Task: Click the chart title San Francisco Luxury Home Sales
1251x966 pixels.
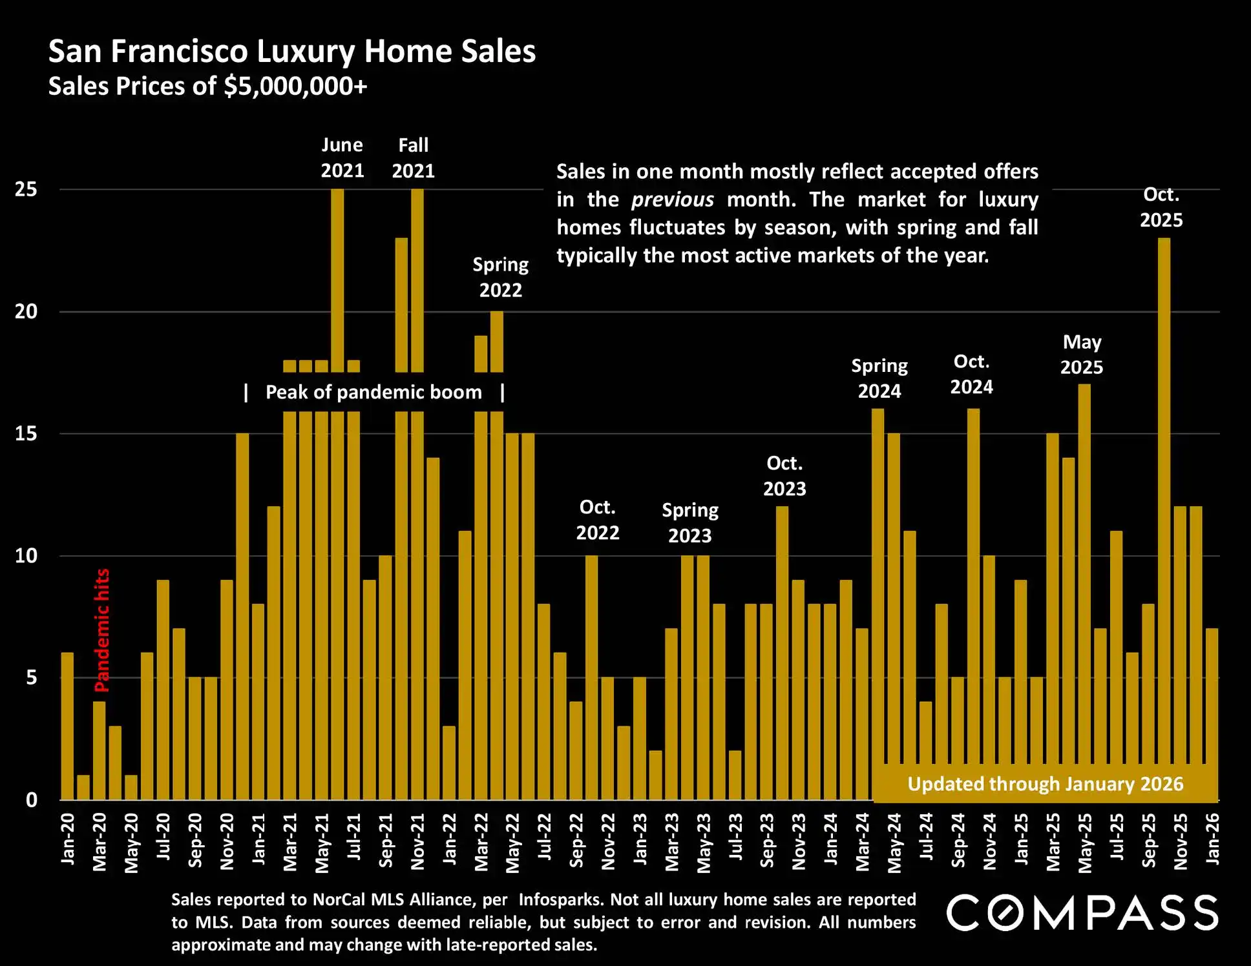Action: click(x=292, y=52)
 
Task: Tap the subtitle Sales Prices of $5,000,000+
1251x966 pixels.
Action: click(x=207, y=87)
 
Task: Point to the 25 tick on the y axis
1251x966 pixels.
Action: click(x=26, y=190)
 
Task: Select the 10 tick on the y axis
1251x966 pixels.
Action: click(x=26, y=556)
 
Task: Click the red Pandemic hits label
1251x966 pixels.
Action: click(x=102, y=630)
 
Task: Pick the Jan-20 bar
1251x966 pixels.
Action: click(x=67, y=726)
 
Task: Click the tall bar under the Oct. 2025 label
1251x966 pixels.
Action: click(x=1164, y=517)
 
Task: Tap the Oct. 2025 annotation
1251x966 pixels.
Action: click(x=1161, y=207)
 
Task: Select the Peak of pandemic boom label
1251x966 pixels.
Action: click(x=373, y=392)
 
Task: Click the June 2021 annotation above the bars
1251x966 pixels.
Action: click(x=342, y=158)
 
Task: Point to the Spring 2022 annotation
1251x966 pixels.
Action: click(x=500, y=277)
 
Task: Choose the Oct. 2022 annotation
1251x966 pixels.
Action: click(x=597, y=520)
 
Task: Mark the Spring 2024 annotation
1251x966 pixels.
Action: click(x=879, y=378)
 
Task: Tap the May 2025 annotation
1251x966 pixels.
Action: click(x=1082, y=355)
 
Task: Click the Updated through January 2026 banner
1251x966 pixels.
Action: click(x=1045, y=784)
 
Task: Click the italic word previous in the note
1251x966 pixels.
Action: click(x=672, y=200)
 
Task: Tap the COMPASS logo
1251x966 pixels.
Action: click(x=1082, y=912)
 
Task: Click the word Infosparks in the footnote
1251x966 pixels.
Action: click(x=560, y=899)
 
